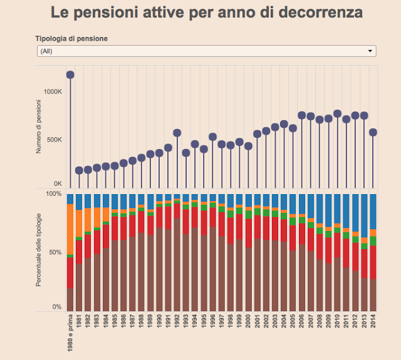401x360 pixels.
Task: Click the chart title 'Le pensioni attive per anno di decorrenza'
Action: coord(206,13)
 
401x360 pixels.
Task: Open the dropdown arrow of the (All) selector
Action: coord(370,51)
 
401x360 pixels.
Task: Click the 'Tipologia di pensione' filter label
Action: coord(71,38)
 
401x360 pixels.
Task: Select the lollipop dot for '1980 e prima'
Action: coord(70,75)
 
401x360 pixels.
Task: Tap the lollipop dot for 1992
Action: coord(177,133)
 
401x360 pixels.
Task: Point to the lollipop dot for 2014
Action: coord(373,132)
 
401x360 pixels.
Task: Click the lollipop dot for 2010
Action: coord(337,114)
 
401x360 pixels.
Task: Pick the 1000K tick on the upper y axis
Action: coord(53,91)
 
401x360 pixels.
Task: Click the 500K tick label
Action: coord(54,140)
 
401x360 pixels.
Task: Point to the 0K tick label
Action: coord(57,183)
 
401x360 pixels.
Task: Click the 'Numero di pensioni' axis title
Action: coord(39,130)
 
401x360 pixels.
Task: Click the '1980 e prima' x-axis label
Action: coord(70,332)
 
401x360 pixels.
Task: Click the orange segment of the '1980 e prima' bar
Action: coord(70,229)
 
